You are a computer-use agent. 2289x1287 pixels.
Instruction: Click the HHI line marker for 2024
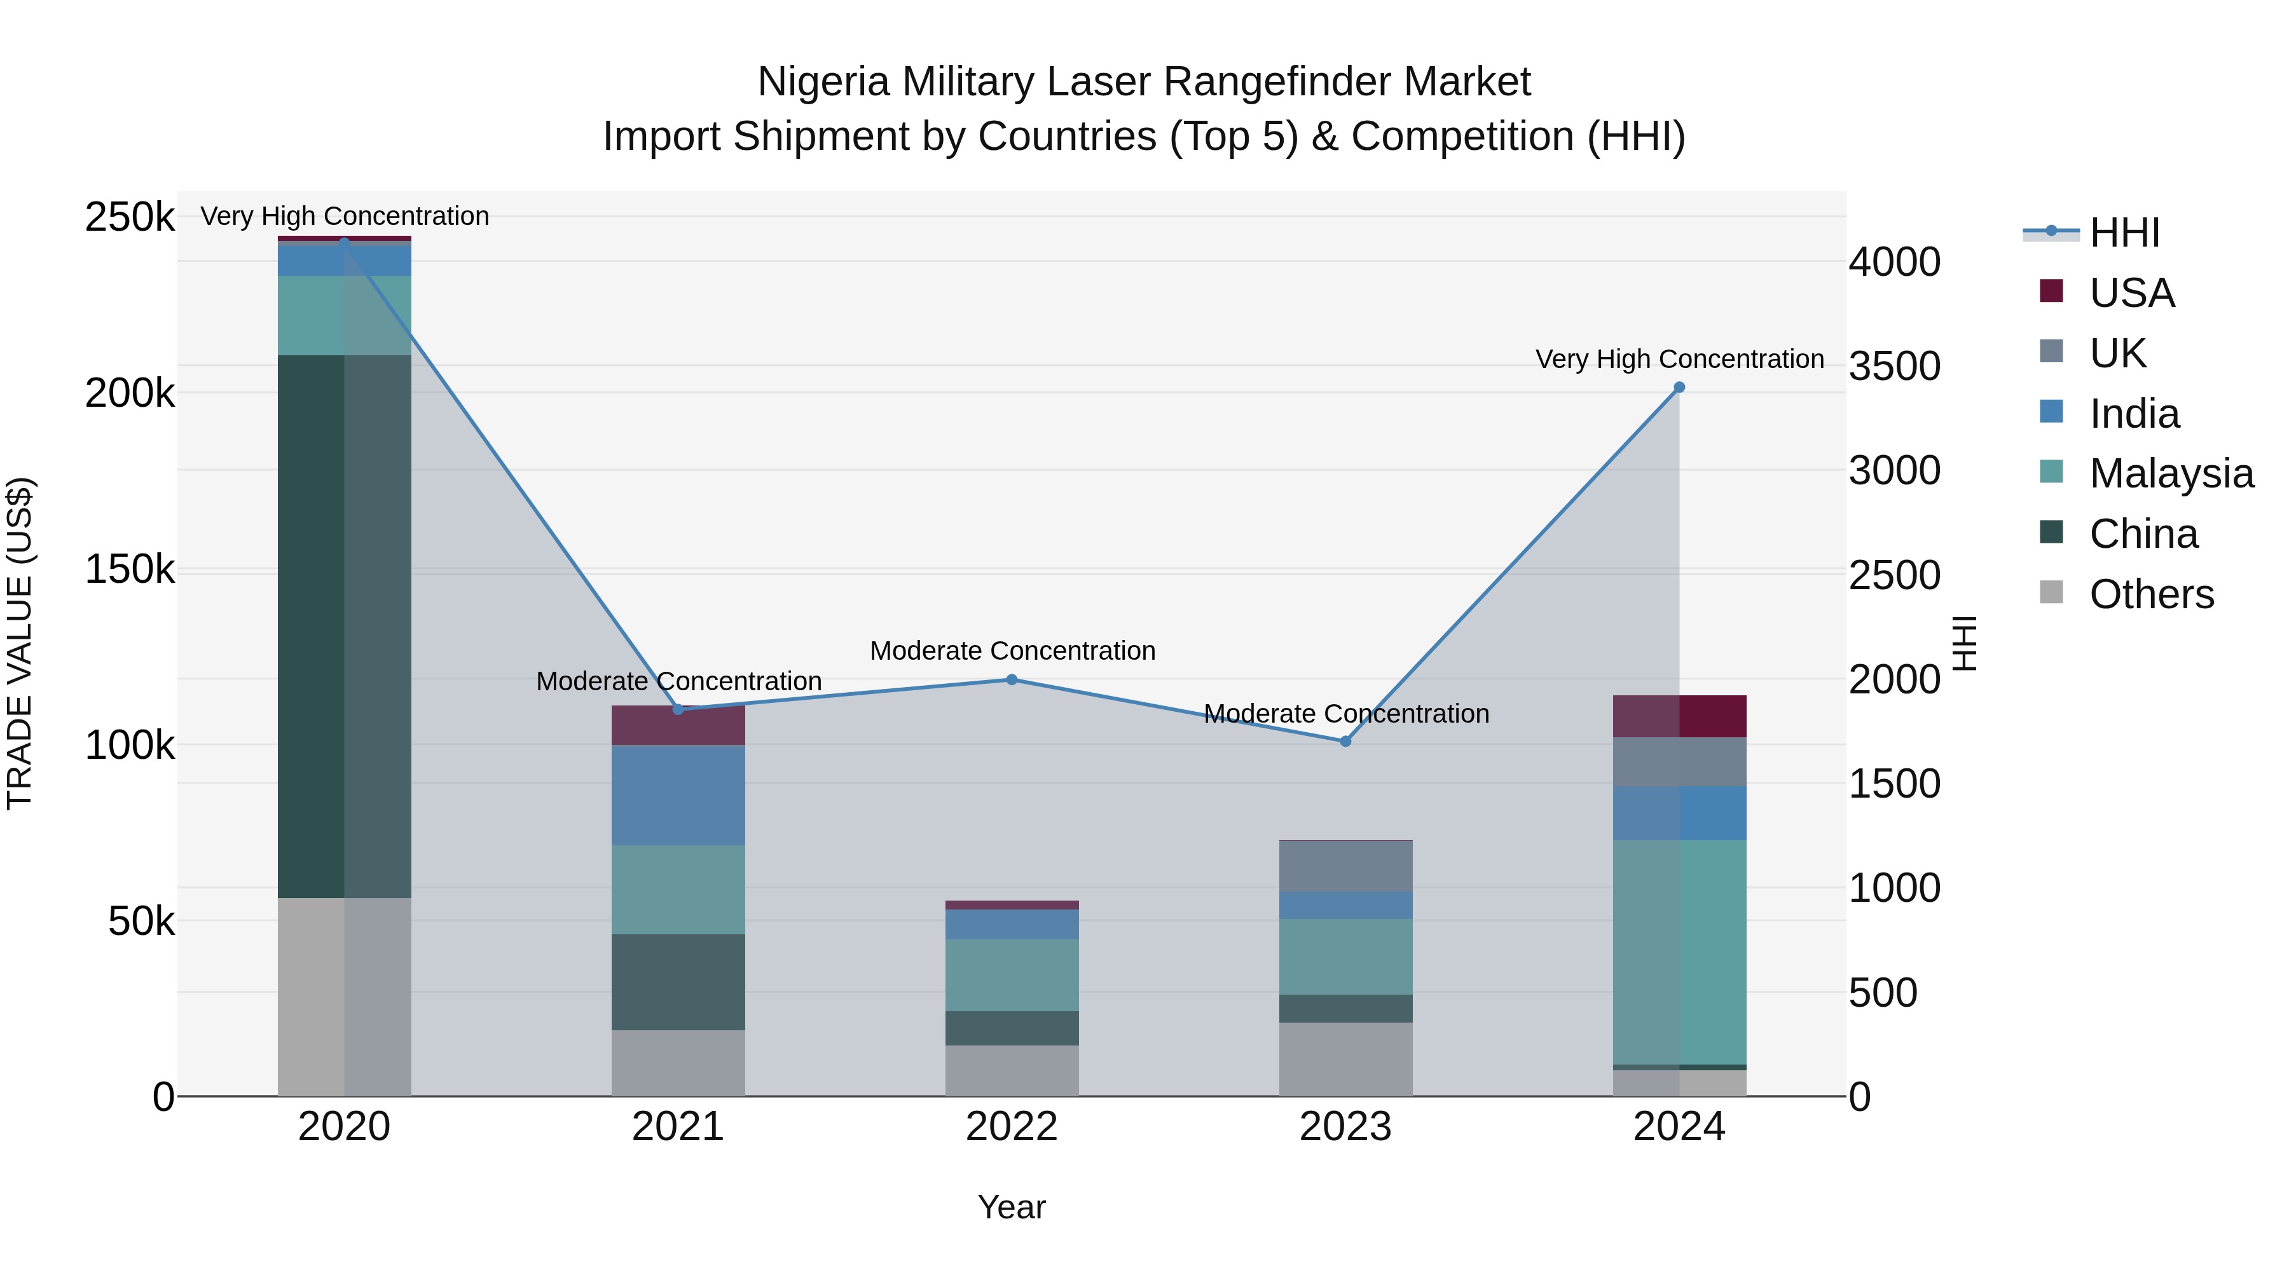(1679, 387)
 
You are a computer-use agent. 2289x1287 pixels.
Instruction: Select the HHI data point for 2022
(1011, 679)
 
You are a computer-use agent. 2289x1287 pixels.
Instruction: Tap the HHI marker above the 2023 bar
(1345, 741)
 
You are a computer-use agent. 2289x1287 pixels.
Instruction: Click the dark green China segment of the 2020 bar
(344, 626)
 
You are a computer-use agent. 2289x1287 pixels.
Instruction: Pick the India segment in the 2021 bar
(678, 795)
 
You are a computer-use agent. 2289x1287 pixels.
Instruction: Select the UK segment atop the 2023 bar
(1345, 866)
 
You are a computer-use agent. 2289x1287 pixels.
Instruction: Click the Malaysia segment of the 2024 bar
(1679, 952)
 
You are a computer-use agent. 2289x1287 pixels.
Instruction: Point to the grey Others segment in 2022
(1011, 1070)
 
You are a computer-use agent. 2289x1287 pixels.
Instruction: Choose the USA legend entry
(2131, 293)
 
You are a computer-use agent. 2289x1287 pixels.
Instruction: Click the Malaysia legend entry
(2170, 473)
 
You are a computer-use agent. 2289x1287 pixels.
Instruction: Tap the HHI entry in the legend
(2124, 233)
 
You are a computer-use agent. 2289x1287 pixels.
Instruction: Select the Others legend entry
(2150, 594)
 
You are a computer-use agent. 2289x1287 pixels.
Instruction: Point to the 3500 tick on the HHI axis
(1895, 366)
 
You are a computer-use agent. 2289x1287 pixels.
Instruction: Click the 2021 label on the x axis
(678, 1127)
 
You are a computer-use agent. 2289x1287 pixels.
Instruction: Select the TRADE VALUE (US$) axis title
(20, 643)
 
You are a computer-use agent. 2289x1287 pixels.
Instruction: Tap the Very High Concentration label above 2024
(1679, 359)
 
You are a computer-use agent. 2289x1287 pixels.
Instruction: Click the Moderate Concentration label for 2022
(1012, 650)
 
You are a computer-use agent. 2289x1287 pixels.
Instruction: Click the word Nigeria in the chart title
(823, 82)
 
